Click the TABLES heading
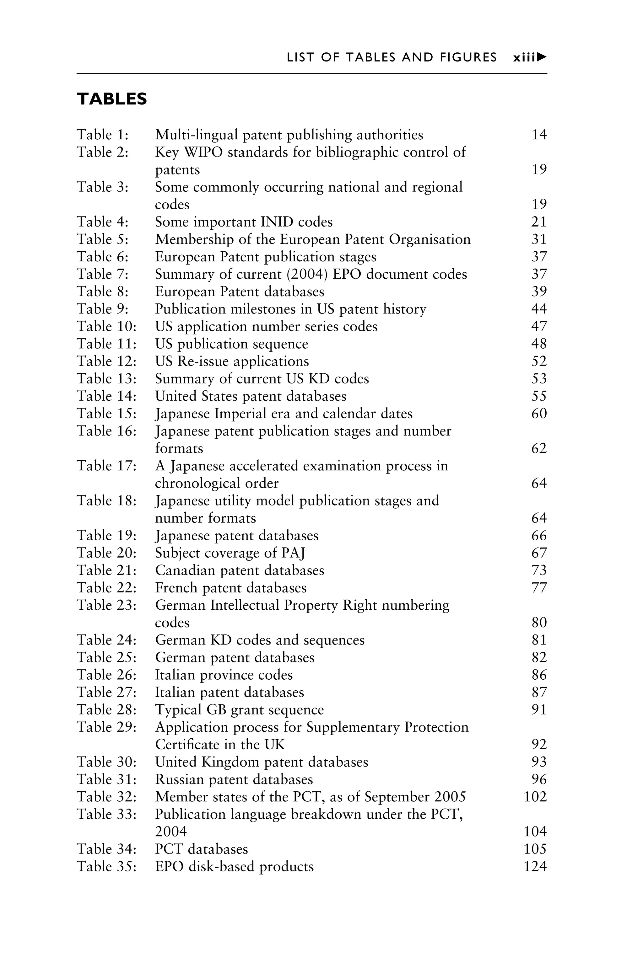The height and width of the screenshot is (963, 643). click(x=111, y=99)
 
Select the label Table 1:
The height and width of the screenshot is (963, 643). click(x=103, y=135)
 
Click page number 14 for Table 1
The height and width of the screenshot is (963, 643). click(x=539, y=135)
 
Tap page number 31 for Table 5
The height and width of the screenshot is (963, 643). click(x=539, y=239)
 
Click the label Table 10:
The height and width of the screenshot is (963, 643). click(x=106, y=327)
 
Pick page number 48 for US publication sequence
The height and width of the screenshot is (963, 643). click(x=539, y=344)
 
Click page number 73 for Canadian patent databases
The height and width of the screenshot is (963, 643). click(x=539, y=570)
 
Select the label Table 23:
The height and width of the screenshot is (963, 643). click(x=106, y=605)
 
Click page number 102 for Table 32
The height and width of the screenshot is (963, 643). click(x=535, y=797)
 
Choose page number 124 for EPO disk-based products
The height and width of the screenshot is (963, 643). click(x=535, y=866)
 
